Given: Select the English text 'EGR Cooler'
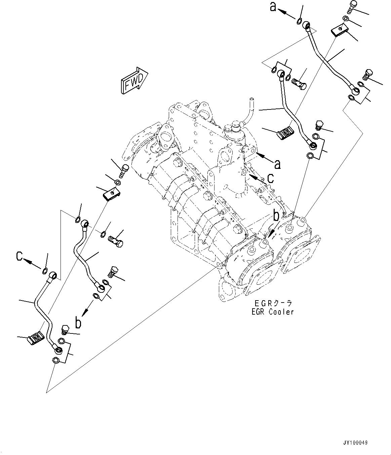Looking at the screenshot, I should click(x=273, y=312).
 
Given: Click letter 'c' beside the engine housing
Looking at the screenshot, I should click(x=270, y=178).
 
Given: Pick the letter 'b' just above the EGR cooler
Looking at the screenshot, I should click(x=276, y=216).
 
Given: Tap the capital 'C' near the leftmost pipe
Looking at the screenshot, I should click(x=20, y=257).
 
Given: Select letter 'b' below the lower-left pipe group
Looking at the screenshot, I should click(x=78, y=323).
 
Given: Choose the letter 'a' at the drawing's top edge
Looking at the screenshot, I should click(x=274, y=7).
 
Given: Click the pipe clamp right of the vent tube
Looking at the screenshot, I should click(x=285, y=133).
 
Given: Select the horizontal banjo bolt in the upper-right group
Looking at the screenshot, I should click(x=298, y=82).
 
